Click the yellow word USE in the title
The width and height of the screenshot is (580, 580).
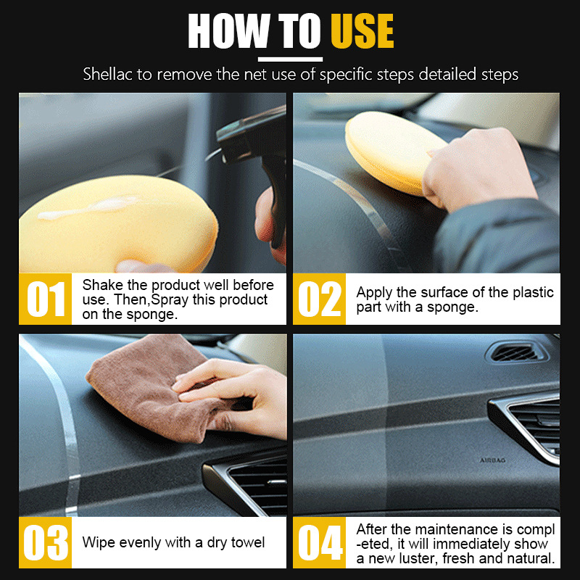[362, 31]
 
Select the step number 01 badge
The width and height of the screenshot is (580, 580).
[45, 299]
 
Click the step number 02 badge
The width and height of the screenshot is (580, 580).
[319, 299]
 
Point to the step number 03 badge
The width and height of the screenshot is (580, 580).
[45, 542]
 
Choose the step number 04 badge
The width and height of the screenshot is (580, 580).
[319, 542]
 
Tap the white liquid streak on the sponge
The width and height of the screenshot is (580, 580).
[88, 207]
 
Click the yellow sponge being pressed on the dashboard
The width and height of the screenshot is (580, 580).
[392, 152]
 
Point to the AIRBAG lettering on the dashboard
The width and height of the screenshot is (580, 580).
[492, 460]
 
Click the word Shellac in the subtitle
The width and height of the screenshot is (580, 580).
[107, 74]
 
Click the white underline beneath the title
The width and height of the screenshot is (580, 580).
[291, 59]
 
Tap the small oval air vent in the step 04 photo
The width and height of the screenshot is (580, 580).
[516, 352]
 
